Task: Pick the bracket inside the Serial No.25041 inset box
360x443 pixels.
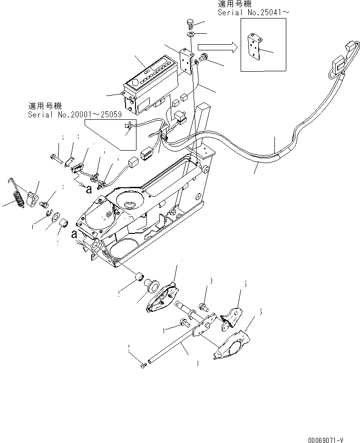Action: click(x=255, y=48)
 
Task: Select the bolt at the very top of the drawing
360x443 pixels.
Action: click(x=189, y=24)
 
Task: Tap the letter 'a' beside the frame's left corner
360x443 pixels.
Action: click(x=73, y=234)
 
